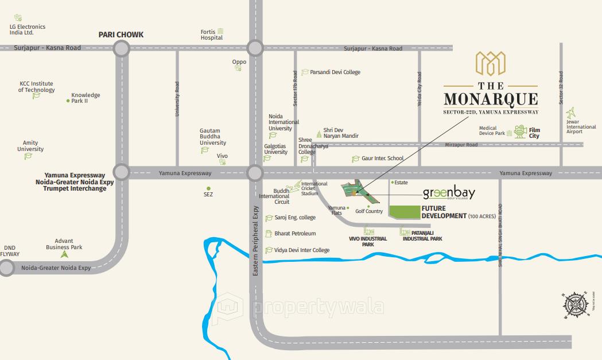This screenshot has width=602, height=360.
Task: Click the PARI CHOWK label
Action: tap(121, 34)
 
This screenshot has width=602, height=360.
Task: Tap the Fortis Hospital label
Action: tap(211, 34)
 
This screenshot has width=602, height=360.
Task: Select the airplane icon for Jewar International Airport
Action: tap(571, 113)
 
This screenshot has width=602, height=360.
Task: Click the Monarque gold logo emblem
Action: tap(491, 64)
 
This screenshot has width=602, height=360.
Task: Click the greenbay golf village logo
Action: tap(449, 194)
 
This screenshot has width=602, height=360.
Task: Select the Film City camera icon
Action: tap(521, 131)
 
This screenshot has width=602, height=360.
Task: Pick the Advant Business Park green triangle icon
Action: tap(64, 253)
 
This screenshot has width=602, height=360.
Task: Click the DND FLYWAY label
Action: tap(10, 251)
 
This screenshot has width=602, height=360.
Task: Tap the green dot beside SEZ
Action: tap(208, 188)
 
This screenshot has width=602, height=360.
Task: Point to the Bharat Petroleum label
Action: tap(295, 234)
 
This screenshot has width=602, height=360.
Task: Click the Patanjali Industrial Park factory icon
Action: tap(405, 232)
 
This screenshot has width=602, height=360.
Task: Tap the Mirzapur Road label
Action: tap(461, 145)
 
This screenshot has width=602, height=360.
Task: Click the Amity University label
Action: tap(30, 146)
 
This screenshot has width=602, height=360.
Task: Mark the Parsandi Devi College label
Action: tap(335, 72)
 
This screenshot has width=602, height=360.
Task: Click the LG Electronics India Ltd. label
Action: tap(27, 30)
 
